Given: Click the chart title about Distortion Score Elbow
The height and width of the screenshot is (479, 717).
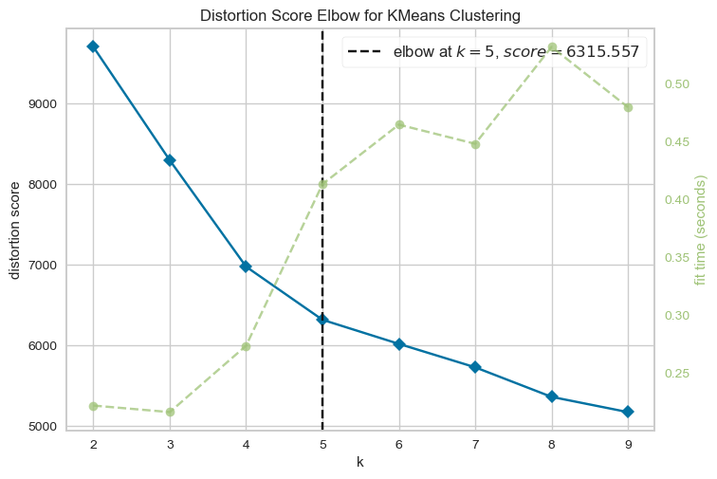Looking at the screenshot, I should coord(360,16).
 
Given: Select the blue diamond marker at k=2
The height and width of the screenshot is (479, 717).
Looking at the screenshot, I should coord(93,46).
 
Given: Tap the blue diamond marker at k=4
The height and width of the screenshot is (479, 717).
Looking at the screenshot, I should coord(246,267).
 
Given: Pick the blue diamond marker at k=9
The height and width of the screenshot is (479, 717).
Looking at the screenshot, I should coord(628,412).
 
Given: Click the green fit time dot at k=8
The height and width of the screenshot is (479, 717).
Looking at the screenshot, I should coord(552,47).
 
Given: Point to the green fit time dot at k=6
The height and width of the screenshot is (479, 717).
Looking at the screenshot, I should coord(399,124).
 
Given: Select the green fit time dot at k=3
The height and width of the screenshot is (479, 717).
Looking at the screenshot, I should coord(170,412).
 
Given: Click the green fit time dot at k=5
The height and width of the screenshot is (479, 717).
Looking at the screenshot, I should coord(322,184).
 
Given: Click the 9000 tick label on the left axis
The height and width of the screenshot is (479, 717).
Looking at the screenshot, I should coord(41,104).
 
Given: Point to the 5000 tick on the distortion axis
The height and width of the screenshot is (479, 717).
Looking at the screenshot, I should coord(41,427).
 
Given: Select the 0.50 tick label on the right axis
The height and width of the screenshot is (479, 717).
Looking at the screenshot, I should coord(676,84).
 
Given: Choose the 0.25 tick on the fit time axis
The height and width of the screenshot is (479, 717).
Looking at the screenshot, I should coord(676,374).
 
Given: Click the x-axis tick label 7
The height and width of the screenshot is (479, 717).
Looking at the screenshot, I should coord(475,444).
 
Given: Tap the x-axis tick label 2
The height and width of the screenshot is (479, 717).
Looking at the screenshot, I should coord(93,444).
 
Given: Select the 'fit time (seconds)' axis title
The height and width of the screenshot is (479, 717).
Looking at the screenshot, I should coord(701,230).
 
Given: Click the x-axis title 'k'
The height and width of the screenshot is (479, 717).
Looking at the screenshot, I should coord(360,462).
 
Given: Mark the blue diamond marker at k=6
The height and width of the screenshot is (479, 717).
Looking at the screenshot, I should coord(399,344).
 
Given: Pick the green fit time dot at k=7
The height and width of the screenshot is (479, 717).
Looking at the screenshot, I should coord(475,144).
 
